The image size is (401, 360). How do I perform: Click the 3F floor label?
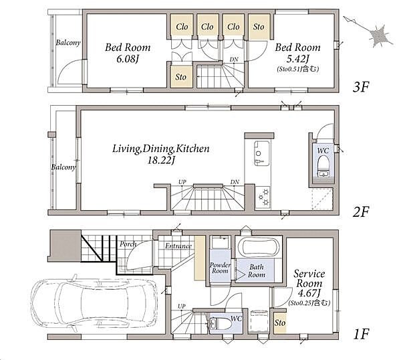click(361, 87)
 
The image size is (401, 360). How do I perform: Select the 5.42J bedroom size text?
click(297, 60)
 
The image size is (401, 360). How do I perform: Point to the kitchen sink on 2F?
click(261, 153)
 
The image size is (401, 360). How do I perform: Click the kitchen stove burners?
click(263, 197)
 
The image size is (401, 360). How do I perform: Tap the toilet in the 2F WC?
click(323, 166)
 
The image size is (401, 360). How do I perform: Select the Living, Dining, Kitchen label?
click(161, 149)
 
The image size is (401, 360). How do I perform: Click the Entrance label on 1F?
click(178, 246)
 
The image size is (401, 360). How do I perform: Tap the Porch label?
click(128, 244)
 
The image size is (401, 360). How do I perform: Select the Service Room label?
click(309, 278)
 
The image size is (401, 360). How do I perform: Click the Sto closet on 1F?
click(280, 323)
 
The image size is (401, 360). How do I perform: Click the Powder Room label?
click(220, 268)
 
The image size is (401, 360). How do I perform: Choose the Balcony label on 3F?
click(68, 43)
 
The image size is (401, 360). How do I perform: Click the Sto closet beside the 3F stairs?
click(181, 77)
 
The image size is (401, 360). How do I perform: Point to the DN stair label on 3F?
click(234, 60)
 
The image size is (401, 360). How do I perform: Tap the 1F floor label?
click(361, 334)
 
